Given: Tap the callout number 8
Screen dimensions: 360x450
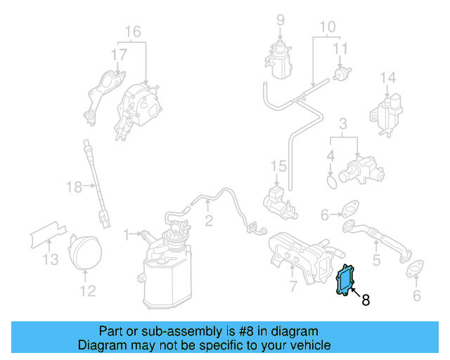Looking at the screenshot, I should (365, 300).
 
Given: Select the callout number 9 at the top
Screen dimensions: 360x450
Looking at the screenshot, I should (281, 20).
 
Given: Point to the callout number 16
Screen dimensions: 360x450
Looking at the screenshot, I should (132, 32).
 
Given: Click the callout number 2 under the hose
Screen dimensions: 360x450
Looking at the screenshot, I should (209, 221).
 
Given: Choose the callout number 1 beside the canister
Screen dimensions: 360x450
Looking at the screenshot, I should (127, 233).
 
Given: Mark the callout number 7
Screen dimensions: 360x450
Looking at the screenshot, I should (293, 286).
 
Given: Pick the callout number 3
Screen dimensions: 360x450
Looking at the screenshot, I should (342, 125).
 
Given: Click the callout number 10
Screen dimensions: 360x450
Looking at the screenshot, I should (328, 28).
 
